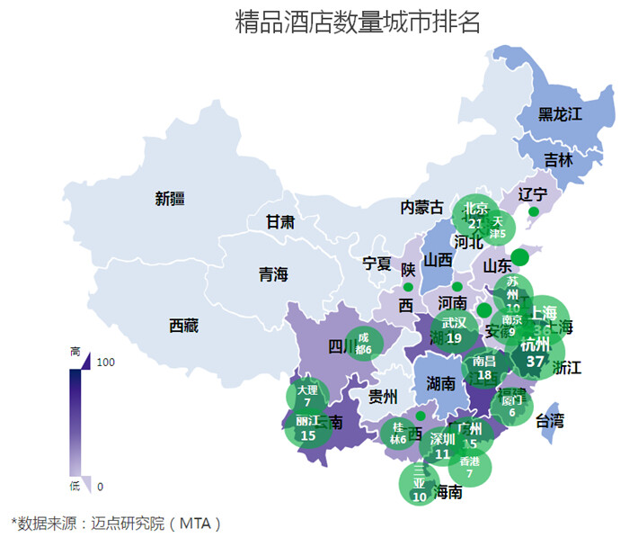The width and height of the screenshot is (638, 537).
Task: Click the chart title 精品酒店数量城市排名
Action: [357, 22]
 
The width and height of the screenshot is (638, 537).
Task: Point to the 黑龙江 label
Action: [561, 114]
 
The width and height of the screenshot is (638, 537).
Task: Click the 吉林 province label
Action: [558, 159]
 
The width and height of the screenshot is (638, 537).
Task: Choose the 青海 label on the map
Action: [273, 274]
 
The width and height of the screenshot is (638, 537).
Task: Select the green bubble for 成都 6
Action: [363, 343]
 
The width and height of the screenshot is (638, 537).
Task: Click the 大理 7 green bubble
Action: [307, 396]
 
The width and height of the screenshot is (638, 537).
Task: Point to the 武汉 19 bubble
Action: [454, 330]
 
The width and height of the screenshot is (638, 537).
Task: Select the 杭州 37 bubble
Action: [536, 353]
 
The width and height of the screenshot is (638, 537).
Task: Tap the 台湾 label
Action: [550, 420]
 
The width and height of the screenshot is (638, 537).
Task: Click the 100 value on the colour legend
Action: [106, 362]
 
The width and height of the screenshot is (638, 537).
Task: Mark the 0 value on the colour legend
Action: [100, 487]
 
